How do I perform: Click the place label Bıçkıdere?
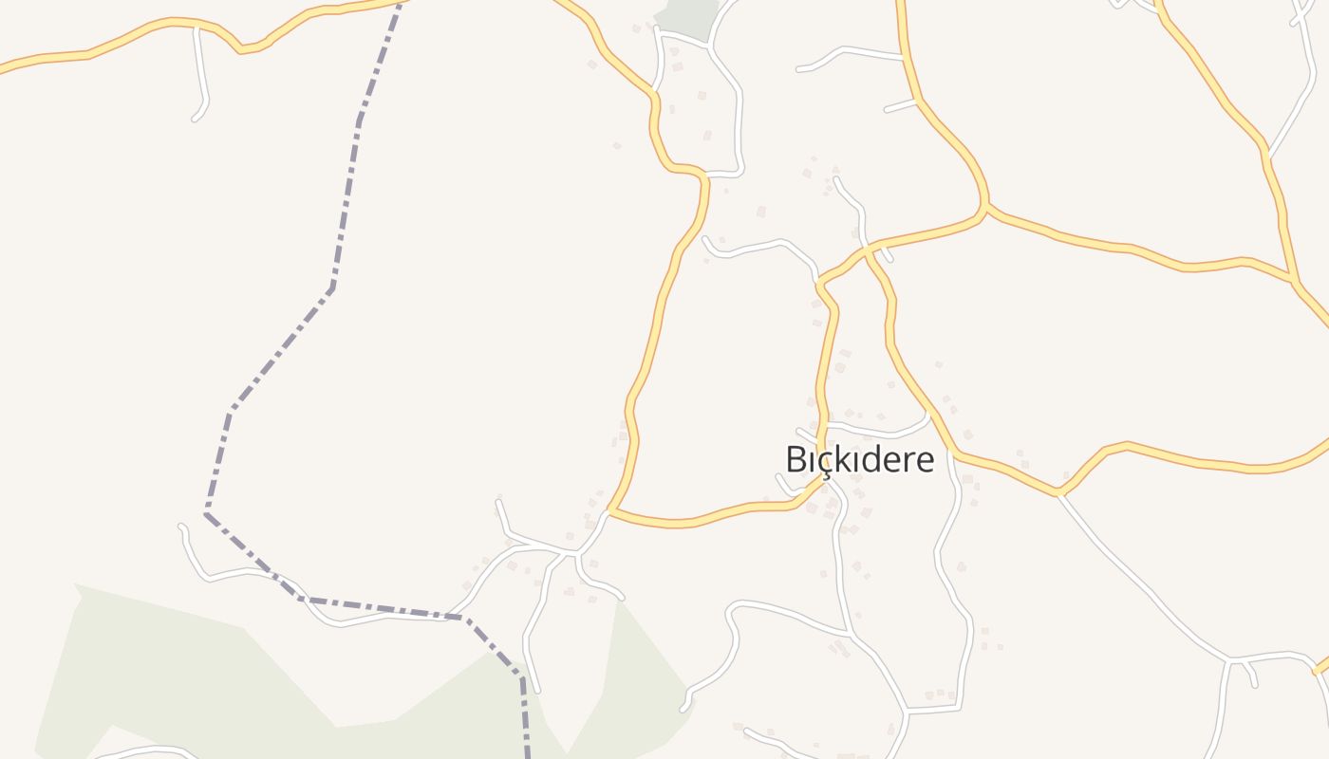click(859, 459)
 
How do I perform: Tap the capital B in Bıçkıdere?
click(796, 459)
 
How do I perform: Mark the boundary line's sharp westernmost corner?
click(206, 513)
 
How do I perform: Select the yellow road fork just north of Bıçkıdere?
click(818, 282)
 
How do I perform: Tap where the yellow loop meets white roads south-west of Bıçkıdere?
click(608, 511)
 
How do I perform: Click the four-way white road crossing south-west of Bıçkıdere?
click(574, 551)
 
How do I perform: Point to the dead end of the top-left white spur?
click(195, 119)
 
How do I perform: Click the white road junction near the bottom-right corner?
click(1230, 658)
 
